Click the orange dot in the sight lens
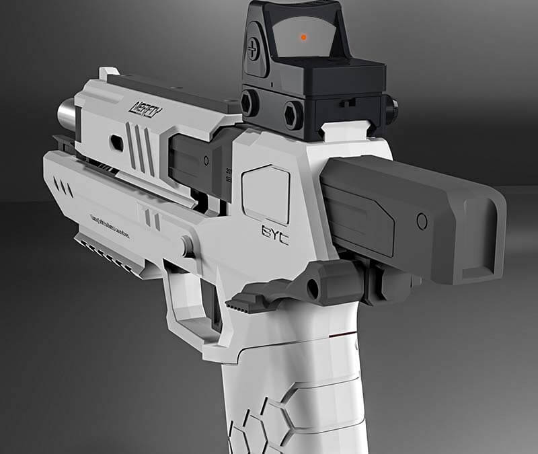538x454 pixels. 303,37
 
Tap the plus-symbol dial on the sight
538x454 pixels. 253,48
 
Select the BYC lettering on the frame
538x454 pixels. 275,233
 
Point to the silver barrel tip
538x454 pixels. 66,114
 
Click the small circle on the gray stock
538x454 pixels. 422,221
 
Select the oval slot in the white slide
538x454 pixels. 116,142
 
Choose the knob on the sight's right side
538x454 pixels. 391,106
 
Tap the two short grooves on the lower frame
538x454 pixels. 152,219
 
